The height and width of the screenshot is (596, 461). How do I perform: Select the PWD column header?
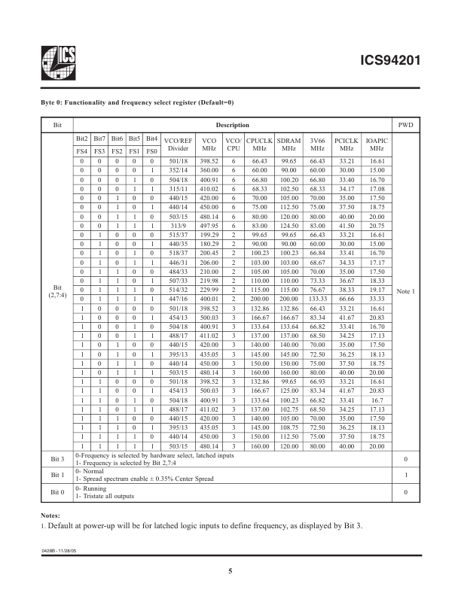tap(405, 123)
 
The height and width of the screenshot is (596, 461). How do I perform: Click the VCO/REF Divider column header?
tap(178, 144)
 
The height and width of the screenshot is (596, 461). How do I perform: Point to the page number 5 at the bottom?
tap(230, 572)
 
